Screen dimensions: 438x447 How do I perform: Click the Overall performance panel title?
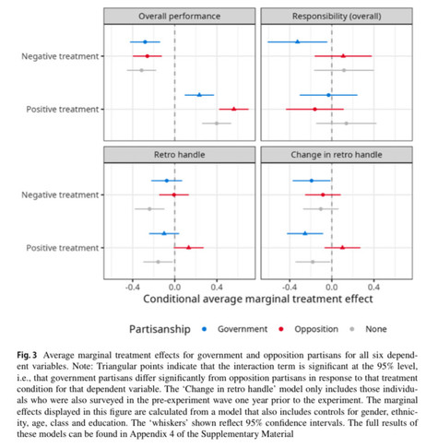(x=179, y=17)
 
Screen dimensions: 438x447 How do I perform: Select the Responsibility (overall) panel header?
(x=337, y=17)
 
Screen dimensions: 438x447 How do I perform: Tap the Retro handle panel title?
(x=179, y=155)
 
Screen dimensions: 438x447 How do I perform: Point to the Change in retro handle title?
(x=337, y=155)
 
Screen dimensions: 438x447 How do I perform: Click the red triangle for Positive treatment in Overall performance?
(x=234, y=109)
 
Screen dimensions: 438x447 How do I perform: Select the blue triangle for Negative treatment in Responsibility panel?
(x=297, y=41)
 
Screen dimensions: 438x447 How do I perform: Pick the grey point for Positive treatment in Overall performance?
(x=217, y=124)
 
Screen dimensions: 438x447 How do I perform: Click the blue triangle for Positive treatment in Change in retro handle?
(x=305, y=233)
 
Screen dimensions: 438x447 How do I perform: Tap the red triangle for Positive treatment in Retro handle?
(x=189, y=247)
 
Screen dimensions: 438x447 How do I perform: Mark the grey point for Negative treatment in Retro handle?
(x=149, y=209)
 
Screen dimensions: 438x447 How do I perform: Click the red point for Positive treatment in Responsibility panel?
(x=314, y=109)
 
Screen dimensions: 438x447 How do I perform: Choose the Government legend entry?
(x=235, y=329)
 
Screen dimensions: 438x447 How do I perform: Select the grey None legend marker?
(x=352, y=329)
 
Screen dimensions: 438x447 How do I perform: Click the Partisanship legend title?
(x=160, y=329)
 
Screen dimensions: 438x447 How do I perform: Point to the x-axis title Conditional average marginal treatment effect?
(x=258, y=299)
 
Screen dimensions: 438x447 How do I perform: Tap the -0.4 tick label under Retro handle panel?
(x=133, y=288)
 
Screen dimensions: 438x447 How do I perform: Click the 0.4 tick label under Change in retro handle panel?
(x=373, y=288)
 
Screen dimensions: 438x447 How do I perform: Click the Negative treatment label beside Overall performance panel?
(x=60, y=56)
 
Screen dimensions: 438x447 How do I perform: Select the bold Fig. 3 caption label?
(x=27, y=355)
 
